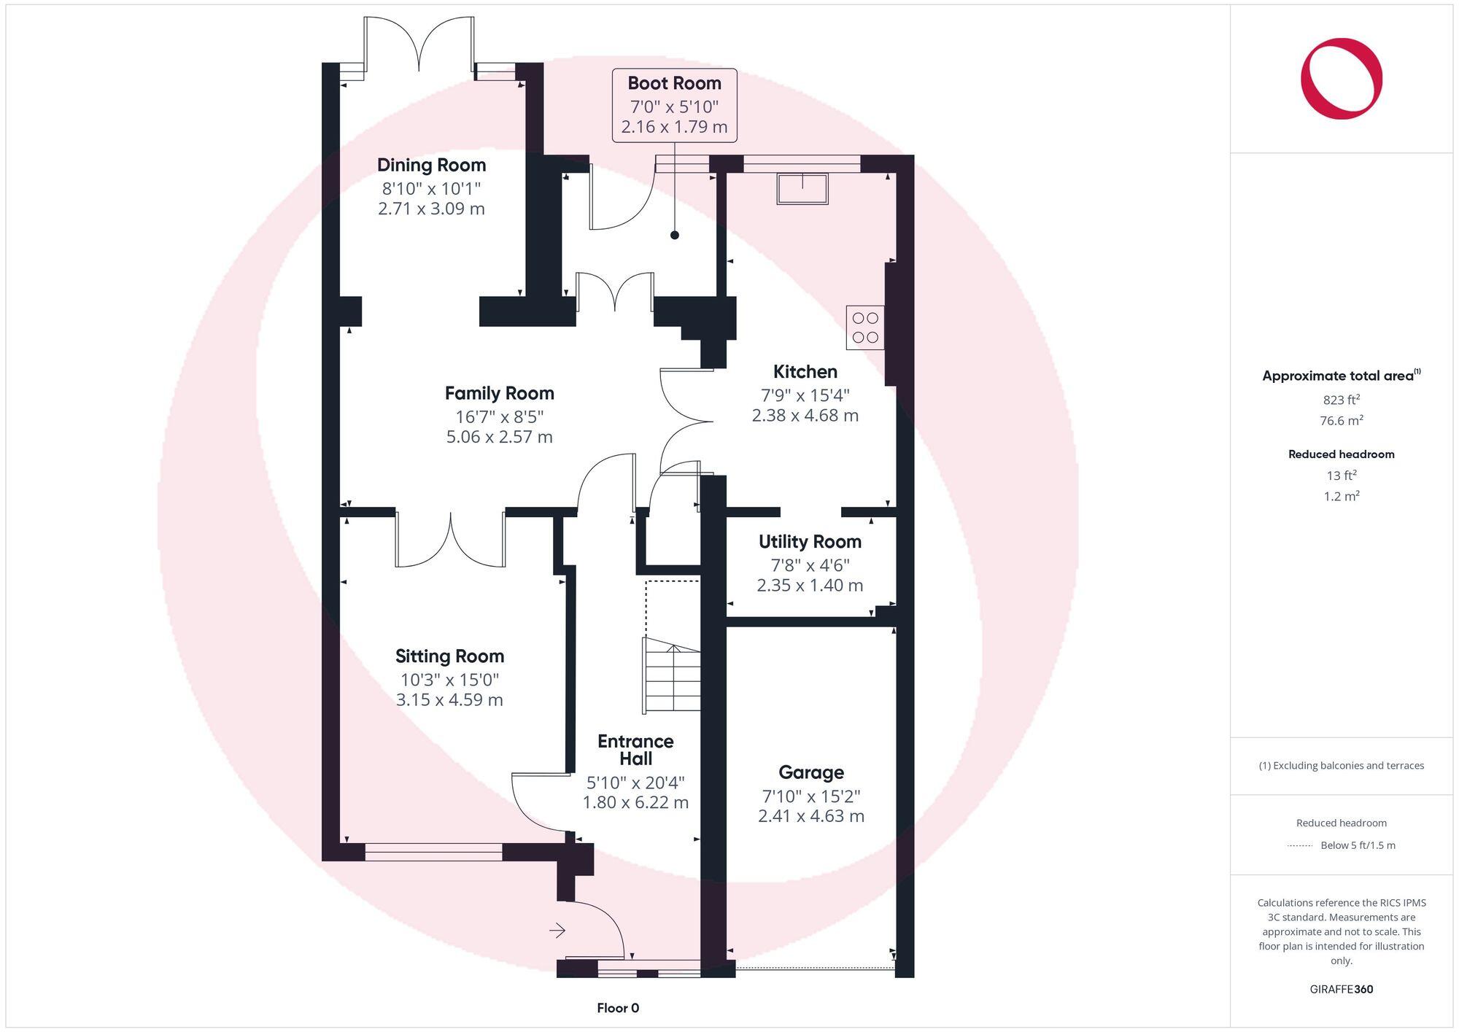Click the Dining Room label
[431, 165]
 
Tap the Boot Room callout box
[674, 105]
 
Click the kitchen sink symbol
[802, 188]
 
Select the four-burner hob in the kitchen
[865, 327]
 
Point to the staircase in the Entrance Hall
[672, 675]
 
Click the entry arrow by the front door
[557, 930]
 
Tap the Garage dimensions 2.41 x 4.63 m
[810, 816]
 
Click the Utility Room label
[810, 542]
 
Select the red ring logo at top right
[1341, 78]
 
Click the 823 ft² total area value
[1341, 400]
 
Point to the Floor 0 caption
[618, 1008]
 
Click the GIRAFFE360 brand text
[1341, 989]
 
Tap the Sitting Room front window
[433, 852]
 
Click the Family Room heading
[499, 394]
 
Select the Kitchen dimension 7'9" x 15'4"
[805, 395]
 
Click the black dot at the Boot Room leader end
[675, 235]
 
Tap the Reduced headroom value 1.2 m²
[1341, 496]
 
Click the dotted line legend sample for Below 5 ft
[1300, 845]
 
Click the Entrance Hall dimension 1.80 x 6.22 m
[635, 802]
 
